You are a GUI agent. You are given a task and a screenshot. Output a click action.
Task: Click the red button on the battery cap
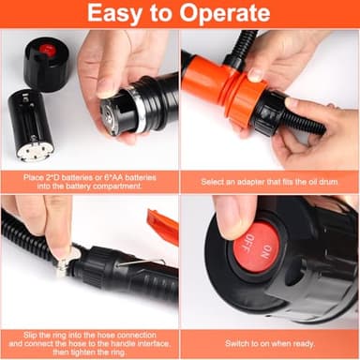[46, 49]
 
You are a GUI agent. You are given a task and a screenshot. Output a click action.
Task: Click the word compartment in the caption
[117, 186]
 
